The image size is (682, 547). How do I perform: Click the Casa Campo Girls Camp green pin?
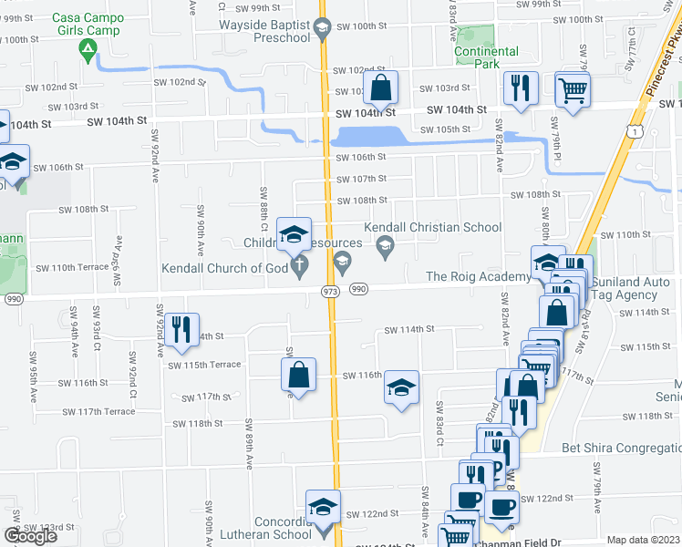[88, 49]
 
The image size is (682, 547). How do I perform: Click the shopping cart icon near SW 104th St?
[573, 89]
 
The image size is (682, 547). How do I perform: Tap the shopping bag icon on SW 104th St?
[381, 89]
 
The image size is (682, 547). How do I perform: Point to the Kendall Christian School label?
[432, 228]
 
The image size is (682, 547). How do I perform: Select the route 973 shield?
[330, 289]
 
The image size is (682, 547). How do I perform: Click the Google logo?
[30, 536]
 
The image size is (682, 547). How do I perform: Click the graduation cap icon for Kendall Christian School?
[386, 243]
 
